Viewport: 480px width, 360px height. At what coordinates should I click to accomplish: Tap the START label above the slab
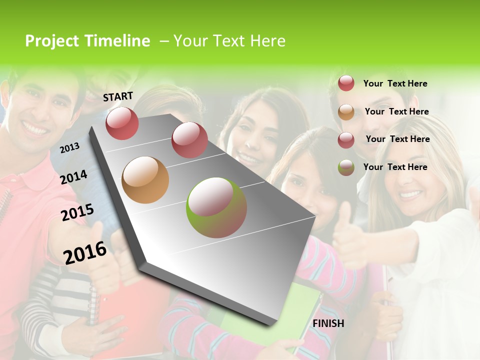point(118,96)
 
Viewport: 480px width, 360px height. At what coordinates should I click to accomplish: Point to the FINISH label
point(328,323)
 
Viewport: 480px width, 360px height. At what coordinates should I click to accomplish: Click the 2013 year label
point(69,147)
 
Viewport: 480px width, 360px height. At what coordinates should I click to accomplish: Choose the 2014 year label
point(74,177)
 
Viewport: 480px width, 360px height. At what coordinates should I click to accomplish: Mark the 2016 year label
point(85,252)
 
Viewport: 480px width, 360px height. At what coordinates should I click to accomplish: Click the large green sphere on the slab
point(216,207)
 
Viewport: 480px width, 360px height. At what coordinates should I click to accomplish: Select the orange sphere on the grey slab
point(145,180)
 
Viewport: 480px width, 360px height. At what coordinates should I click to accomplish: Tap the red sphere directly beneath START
point(122,123)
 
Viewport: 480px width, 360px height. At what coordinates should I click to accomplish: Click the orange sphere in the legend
point(346,112)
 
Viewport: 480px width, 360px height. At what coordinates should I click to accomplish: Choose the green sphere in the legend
point(346,167)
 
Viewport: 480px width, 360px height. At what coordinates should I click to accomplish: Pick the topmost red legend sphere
point(346,83)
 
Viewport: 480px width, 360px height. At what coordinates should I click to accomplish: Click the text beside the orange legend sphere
point(396,111)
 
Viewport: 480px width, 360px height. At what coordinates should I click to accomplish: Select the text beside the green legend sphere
point(395,167)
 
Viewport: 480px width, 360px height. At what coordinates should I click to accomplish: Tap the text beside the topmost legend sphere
point(395,83)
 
